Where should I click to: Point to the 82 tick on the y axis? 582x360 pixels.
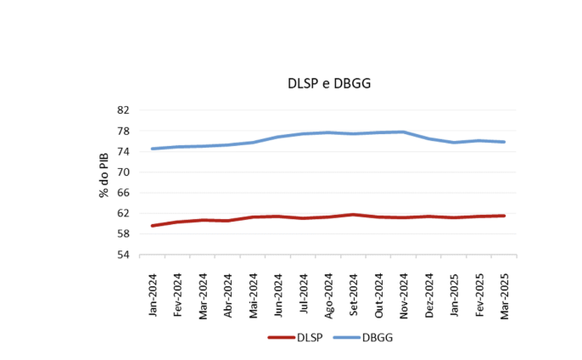(123, 110)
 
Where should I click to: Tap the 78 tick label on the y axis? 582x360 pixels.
(123, 131)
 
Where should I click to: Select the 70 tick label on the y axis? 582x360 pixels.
(123, 172)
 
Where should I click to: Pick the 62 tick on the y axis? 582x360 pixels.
(123, 213)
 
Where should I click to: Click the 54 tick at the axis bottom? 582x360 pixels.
(123, 254)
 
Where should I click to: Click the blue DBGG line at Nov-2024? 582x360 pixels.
(404, 132)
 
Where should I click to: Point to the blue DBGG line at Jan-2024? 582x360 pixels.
(153, 149)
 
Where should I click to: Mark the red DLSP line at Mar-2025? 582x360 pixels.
(505, 216)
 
